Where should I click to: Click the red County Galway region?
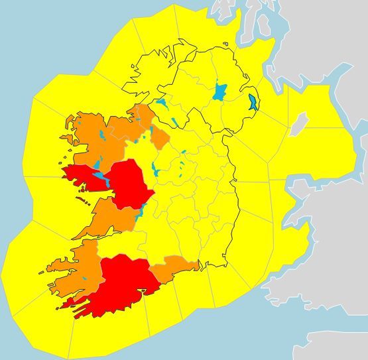click(x=129, y=182)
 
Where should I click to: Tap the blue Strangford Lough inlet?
click(x=253, y=103)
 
